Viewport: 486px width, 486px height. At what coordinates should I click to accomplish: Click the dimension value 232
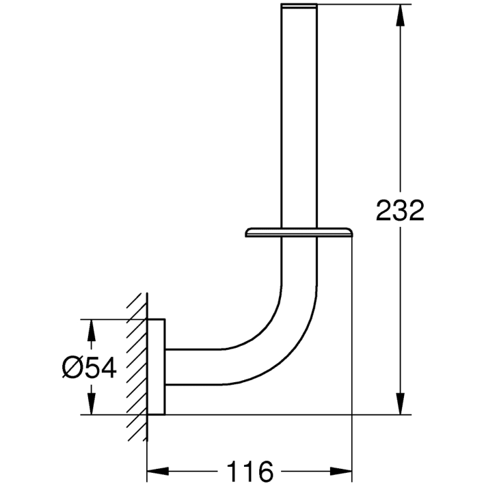click(x=399, y=210)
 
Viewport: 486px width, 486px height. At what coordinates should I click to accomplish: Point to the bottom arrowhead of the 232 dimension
click(x=399, y=405)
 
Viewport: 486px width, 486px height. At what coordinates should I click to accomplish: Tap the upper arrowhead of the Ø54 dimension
click(x=91, y=330)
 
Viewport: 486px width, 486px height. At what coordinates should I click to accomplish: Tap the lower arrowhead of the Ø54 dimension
click(x=91, y=405)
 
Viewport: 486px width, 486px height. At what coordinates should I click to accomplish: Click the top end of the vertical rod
click(x=299, y=7)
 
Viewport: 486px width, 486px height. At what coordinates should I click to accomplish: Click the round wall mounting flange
click(x=156, y=367)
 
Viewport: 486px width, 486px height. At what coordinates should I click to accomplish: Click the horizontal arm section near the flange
click(x=192, y=367)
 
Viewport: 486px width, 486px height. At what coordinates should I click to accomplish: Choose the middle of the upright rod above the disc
click(x=299, y=119)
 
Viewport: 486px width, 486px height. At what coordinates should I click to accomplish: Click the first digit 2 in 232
click(x=384, y=210)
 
